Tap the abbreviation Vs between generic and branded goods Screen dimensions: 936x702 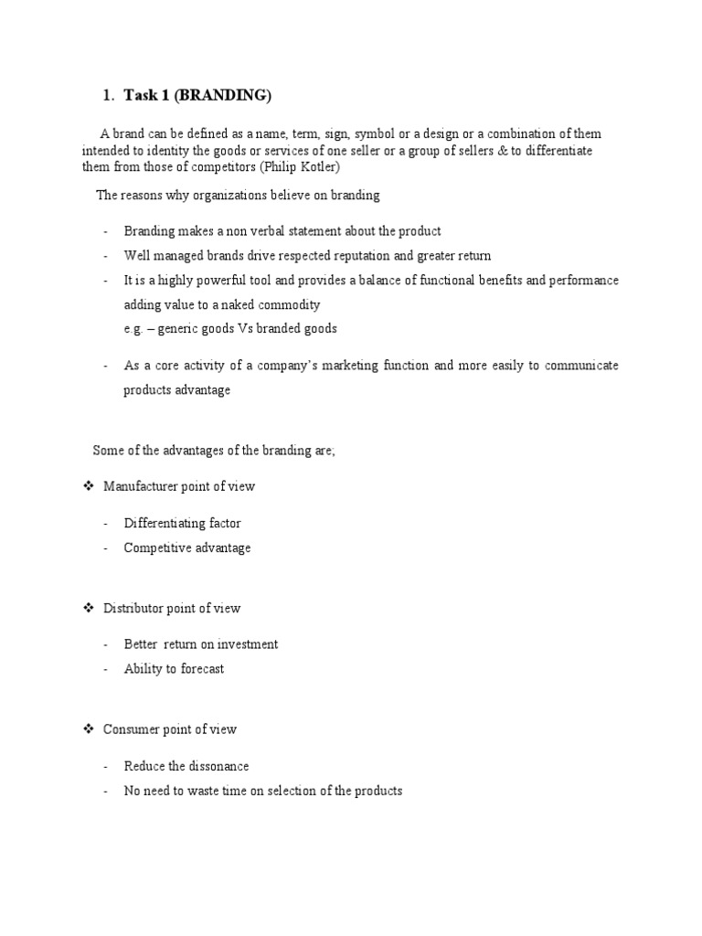(259, 329)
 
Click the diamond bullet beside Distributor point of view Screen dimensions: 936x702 (89, 608)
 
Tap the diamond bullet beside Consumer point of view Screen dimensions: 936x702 (89, 729)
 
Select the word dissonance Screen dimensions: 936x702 (216, 766)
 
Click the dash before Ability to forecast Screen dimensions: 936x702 (106, 669)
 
